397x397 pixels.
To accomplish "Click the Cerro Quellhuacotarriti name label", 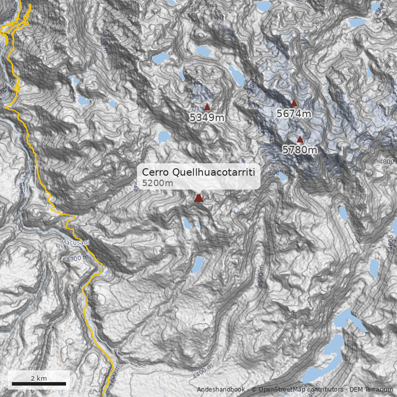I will pyautogui.click(x=198, y=172).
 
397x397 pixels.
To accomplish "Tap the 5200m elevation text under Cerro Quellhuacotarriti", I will pyautogui.click(x=157, y=183).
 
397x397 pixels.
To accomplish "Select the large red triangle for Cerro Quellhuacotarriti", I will pyautogui.click(x=198, y=198).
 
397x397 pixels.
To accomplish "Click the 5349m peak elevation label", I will pyautogui.click(x=207, y=118).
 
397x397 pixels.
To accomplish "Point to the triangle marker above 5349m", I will pyautogui.click(x=207, y=107).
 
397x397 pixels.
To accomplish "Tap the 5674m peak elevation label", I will pyautogui.click(x=294, y=114).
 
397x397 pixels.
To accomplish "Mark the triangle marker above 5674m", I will pyautogui.click(x=294, y=103).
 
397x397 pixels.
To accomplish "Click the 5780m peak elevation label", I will pyautogui.click(x=300, y=149).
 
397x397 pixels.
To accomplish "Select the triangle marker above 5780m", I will pyautogui.click(x=300, y=139).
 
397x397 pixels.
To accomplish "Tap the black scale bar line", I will pyautogui.click(x=39, y=384).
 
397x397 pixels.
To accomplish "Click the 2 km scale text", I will pyautogui.click(x=39, y=378).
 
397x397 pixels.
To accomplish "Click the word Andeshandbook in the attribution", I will pyautogui.click(x=221, y=390).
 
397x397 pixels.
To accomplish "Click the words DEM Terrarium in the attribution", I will pyautogui.click(x=371, y=390).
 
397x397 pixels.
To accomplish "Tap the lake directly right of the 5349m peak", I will pyautogui.click(x=236, y=75).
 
